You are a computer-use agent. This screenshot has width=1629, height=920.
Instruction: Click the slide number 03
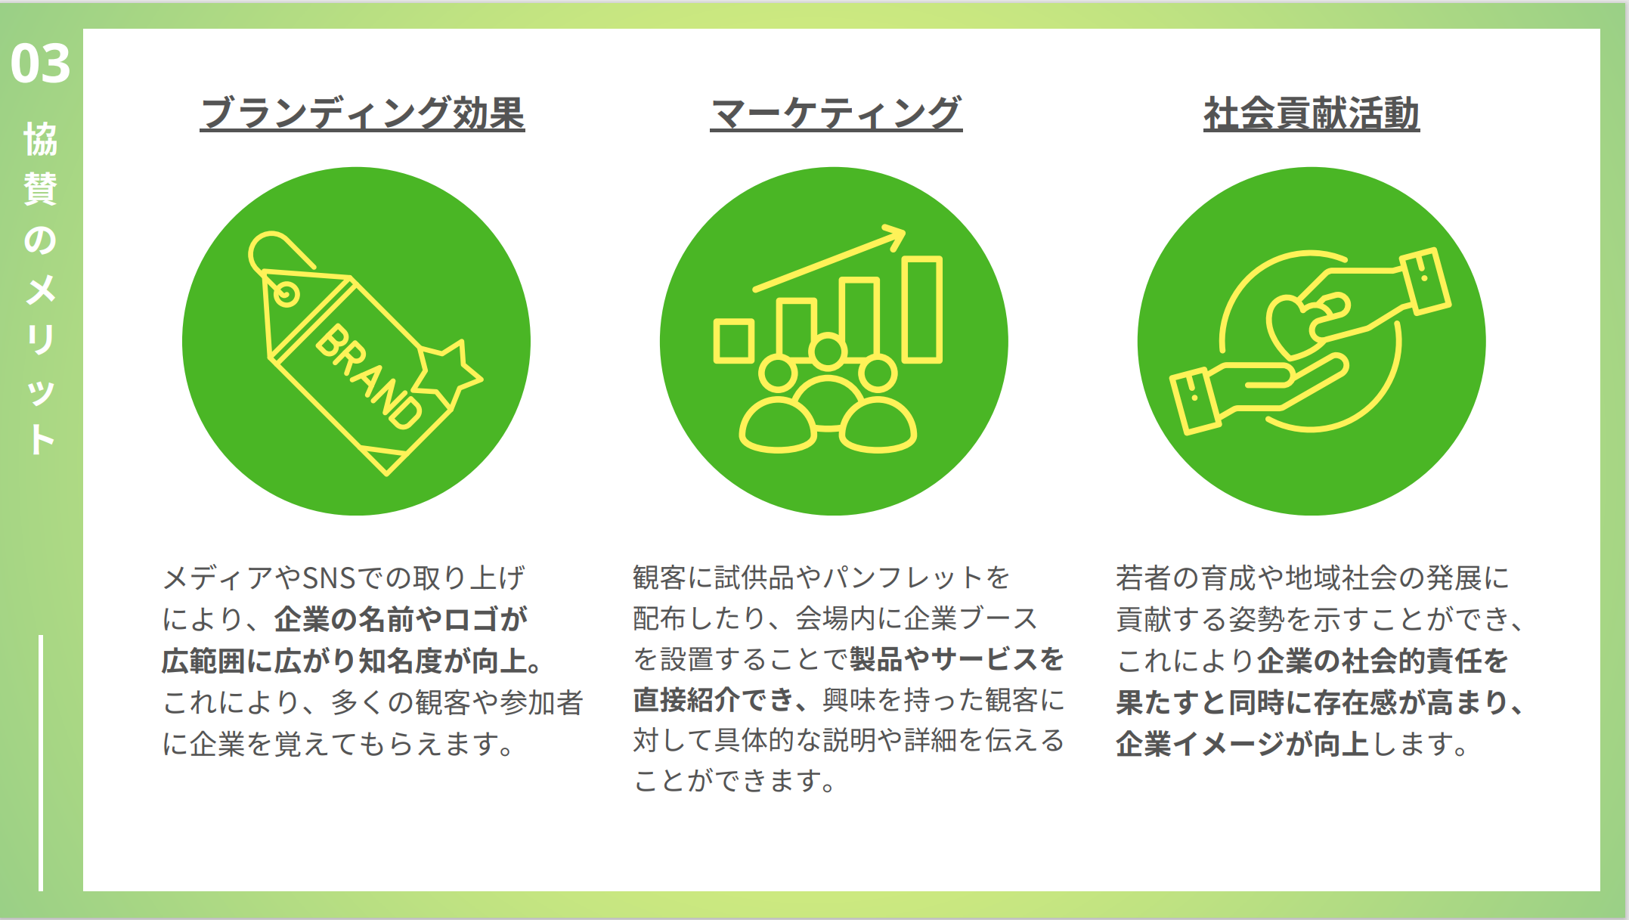tap(40, 64)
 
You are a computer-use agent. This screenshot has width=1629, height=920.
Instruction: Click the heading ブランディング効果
tap(363, 113)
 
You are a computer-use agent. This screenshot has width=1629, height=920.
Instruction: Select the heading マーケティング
tap(836, 113)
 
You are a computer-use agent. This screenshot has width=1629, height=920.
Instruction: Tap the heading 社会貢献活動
tap(1312, 113)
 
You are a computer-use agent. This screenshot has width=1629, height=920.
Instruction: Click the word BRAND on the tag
tap(369, 376)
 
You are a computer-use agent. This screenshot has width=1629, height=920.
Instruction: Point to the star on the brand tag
tap(447, 371)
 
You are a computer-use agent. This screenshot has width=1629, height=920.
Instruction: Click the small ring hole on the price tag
tap(286, 293)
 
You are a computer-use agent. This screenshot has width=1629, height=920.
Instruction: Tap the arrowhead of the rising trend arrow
tap(893, 236)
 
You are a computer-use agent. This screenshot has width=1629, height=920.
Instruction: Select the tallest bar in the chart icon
tap(922, 309)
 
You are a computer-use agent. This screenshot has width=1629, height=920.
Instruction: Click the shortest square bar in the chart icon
tap(734, 341)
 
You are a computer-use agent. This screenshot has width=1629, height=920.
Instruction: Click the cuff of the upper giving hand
tap(1425, 280)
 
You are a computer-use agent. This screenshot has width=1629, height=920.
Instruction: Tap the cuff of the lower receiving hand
tap(1194, 401)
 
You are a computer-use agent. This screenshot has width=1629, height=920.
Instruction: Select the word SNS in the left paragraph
tap(328, 578)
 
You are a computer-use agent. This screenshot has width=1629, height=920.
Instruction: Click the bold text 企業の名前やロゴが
tap(401, 619)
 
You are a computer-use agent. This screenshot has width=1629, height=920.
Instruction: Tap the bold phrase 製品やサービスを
tap(957, 659)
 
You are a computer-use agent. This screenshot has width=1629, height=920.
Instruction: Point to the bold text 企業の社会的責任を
tap(1383, 661)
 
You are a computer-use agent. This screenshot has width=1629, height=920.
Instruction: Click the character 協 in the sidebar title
tap(41, 139)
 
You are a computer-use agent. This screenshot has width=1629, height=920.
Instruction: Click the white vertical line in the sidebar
tap(41, 763)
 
